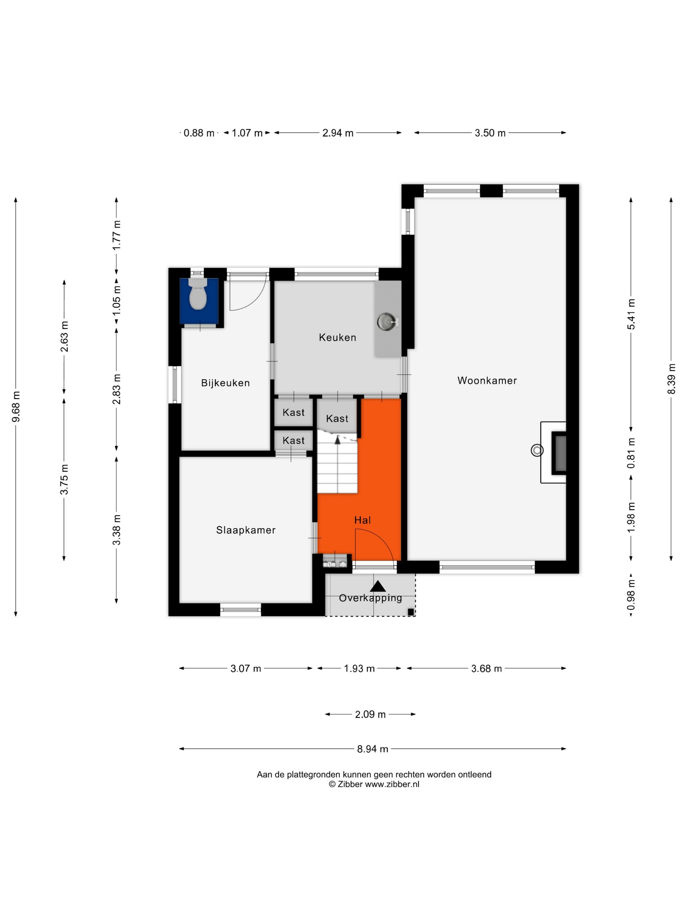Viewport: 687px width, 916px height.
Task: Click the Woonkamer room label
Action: click(487, 380)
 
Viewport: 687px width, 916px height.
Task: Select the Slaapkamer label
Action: click(246, 530)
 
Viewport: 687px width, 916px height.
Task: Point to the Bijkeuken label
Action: click(225, 383)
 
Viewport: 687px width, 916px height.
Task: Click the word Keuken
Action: click(338, 338)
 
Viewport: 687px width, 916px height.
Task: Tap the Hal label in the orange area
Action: click(362, 520)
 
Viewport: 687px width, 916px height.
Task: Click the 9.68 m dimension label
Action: click(16, 406)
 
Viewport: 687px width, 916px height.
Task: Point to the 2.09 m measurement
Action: click(370, 714)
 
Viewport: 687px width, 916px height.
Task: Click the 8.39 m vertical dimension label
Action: click(671, 379)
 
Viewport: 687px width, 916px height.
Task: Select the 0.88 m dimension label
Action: click(199, 133)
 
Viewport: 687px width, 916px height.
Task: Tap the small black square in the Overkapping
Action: click(410, 612)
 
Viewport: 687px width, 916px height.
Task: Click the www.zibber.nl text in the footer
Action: click(392, 784)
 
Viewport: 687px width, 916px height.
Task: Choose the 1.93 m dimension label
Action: click(359, 668)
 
